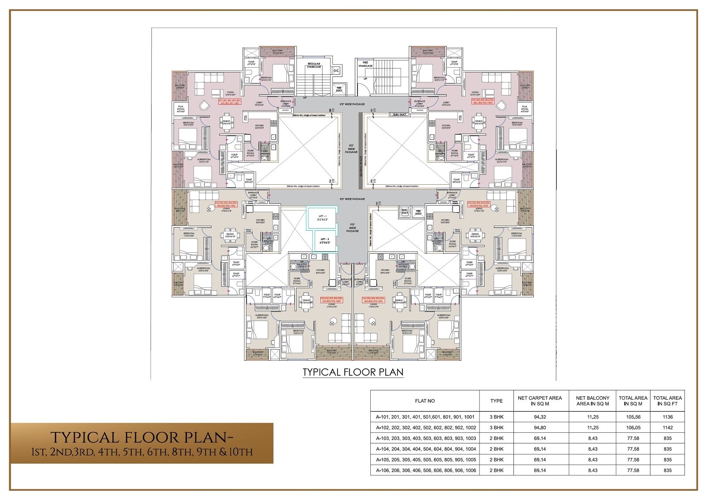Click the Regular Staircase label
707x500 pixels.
tap(314, 65)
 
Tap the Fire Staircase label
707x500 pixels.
tap(365, 65)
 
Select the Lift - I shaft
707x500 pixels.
tap(322, 218)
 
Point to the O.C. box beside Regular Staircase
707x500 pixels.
tap(335, 70)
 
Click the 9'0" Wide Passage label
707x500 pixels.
tap(352, 228)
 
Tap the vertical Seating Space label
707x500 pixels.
tap(361, 161)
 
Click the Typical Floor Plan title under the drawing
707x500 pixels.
tap(353, 372)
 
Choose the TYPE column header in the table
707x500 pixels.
tap(496, 401)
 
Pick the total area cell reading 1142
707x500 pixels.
tap(668, 427)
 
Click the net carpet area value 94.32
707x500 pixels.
tap(540, 417)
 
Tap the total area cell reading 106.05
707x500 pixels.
tap(633, 427)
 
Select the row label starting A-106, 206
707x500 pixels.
tap(426, 470)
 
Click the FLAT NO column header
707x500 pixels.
tap(425, 401)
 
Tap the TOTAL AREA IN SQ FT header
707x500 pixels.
tap(668, 401)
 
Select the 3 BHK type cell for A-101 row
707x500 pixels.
tap(496, 417)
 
